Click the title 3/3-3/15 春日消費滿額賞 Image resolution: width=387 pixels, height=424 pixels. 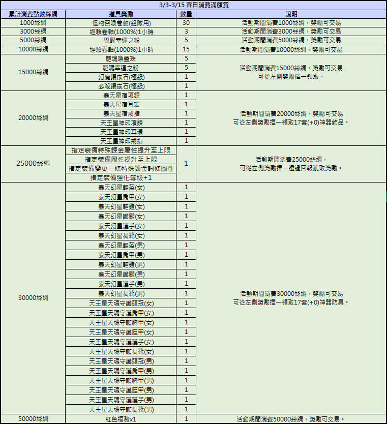[x=193, y=5]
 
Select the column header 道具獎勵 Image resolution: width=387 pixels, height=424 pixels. [x=121, y=14]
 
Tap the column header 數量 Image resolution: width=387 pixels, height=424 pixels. [x=186, y=14]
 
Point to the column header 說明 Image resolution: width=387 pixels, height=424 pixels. [x=291, y=14]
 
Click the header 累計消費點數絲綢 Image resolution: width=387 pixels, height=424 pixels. [x=33, y=14]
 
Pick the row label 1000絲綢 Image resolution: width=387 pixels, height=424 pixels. [x=33, y=23]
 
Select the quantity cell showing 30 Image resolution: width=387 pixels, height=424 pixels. [x=186, y=23]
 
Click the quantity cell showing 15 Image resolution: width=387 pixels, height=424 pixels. [x=186, y=49]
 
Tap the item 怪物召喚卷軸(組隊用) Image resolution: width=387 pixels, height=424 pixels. [x=121, y=23]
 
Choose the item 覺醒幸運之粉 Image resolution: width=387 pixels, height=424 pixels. [x=121, y=40]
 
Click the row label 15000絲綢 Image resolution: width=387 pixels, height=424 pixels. [x=33, y=72]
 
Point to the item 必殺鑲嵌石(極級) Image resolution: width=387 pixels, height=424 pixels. [x=121, y=86]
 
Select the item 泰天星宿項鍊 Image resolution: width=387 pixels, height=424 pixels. [x=121, y=95]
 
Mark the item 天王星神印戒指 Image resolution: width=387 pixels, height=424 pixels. [x=121, y=141]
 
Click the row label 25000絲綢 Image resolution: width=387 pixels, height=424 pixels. [x=33, y=164]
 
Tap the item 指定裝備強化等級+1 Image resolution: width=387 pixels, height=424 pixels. [x=121, y=177]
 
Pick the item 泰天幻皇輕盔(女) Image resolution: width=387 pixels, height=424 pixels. [x=121, y=187]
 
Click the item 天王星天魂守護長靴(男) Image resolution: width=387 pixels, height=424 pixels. [x=121, y=409]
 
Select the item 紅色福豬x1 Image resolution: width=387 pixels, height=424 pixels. [x=121, y=419]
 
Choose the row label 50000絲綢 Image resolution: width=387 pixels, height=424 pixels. [x=33, y=419]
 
